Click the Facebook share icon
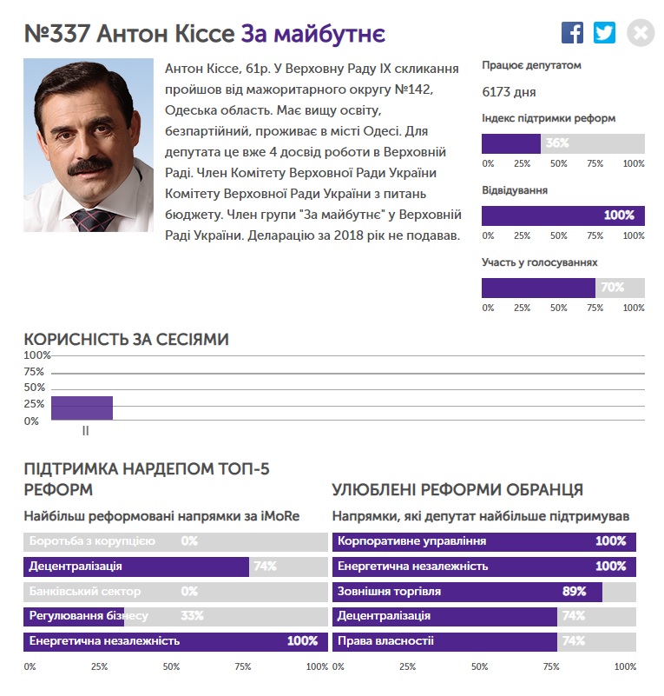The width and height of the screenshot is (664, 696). point(572,33)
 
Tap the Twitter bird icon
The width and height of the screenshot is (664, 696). point(604,33)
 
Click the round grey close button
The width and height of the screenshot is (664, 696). point(641,33)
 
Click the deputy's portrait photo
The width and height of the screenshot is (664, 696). point(88,144)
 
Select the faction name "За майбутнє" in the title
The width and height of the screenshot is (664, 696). point(312,34)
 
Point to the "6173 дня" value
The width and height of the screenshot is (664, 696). point(509,91)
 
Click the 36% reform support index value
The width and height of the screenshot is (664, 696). point(557,143)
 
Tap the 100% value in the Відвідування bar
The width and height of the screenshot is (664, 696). point(619,215)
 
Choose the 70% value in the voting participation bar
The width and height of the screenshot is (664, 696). point(612,288)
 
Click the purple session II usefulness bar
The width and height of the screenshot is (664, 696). point(82,408)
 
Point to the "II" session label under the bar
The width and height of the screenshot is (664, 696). point(85,430)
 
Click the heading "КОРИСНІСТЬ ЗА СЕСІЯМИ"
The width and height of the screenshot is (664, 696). point(126,339)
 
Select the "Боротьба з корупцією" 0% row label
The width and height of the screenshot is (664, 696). point(92,541)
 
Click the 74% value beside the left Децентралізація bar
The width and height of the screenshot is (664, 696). point(264,567)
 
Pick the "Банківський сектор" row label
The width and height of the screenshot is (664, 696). point(84,592)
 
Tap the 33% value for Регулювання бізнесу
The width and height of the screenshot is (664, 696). point(192,616)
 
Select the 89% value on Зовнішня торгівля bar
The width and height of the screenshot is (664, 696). point(574,592)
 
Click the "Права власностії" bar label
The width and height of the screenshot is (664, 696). point(385,641)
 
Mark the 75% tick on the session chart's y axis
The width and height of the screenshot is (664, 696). point(34,372)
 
